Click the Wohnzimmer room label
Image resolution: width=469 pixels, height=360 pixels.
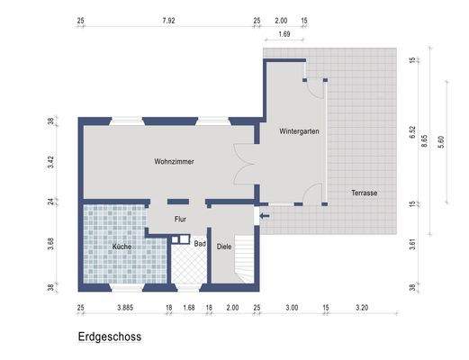pyautogui.click(x=175, y=161)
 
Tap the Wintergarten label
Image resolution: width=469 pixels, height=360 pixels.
pyautogui.click(x=300, y=130)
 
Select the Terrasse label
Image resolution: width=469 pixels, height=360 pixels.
pyautogui.click(x=365, y=193)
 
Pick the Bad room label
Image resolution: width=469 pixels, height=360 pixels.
pyautogui.click(x=200, y=244)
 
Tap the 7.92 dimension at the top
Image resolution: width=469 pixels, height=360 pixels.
pyautogui.click(x=167, y=21)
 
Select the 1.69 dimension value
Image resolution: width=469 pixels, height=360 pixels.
pyautogui.click(x=284, y=34)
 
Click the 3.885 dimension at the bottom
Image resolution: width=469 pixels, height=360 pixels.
pyautogui.click(x=125, y=308)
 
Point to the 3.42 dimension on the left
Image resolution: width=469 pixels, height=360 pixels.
pyautogui.click(x=52, y=163)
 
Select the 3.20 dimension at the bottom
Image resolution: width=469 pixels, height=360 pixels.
pyautogui.click(x=363, y=308)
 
